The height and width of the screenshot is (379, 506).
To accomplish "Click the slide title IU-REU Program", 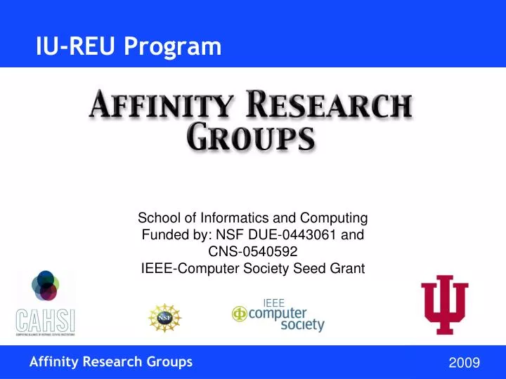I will pos(129,46).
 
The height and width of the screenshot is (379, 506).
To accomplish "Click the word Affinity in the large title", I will pos(160,107).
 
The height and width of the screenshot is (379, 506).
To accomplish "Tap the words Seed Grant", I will pos(337,267).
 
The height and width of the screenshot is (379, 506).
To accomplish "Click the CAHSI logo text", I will pos(46,321).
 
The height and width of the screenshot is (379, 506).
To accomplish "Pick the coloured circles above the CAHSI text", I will pos(46,285).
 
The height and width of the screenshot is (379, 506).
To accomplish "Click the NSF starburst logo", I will pos(164,318).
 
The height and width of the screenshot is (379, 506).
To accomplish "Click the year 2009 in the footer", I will pos(463,363).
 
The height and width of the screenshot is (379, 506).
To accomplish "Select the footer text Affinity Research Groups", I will pos(111,362).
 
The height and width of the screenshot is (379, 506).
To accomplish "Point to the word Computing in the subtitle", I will pos(334,218).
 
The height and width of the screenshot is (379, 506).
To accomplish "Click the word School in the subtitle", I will pos(155,218).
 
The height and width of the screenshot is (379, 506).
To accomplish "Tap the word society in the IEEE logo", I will pos(302,326).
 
